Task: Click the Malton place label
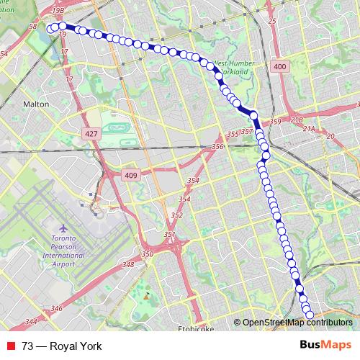36,104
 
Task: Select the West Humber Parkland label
232,68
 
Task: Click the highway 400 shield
279,67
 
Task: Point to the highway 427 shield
91,134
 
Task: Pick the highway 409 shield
130,174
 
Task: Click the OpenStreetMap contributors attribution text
297,323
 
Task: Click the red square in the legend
11,346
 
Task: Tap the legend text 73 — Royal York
62,346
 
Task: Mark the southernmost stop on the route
310,314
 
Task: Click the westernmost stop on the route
53,27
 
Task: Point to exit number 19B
58,11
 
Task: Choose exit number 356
217,147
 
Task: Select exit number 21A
309,129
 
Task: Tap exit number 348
129,265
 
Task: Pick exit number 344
31,322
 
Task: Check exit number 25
271,22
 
